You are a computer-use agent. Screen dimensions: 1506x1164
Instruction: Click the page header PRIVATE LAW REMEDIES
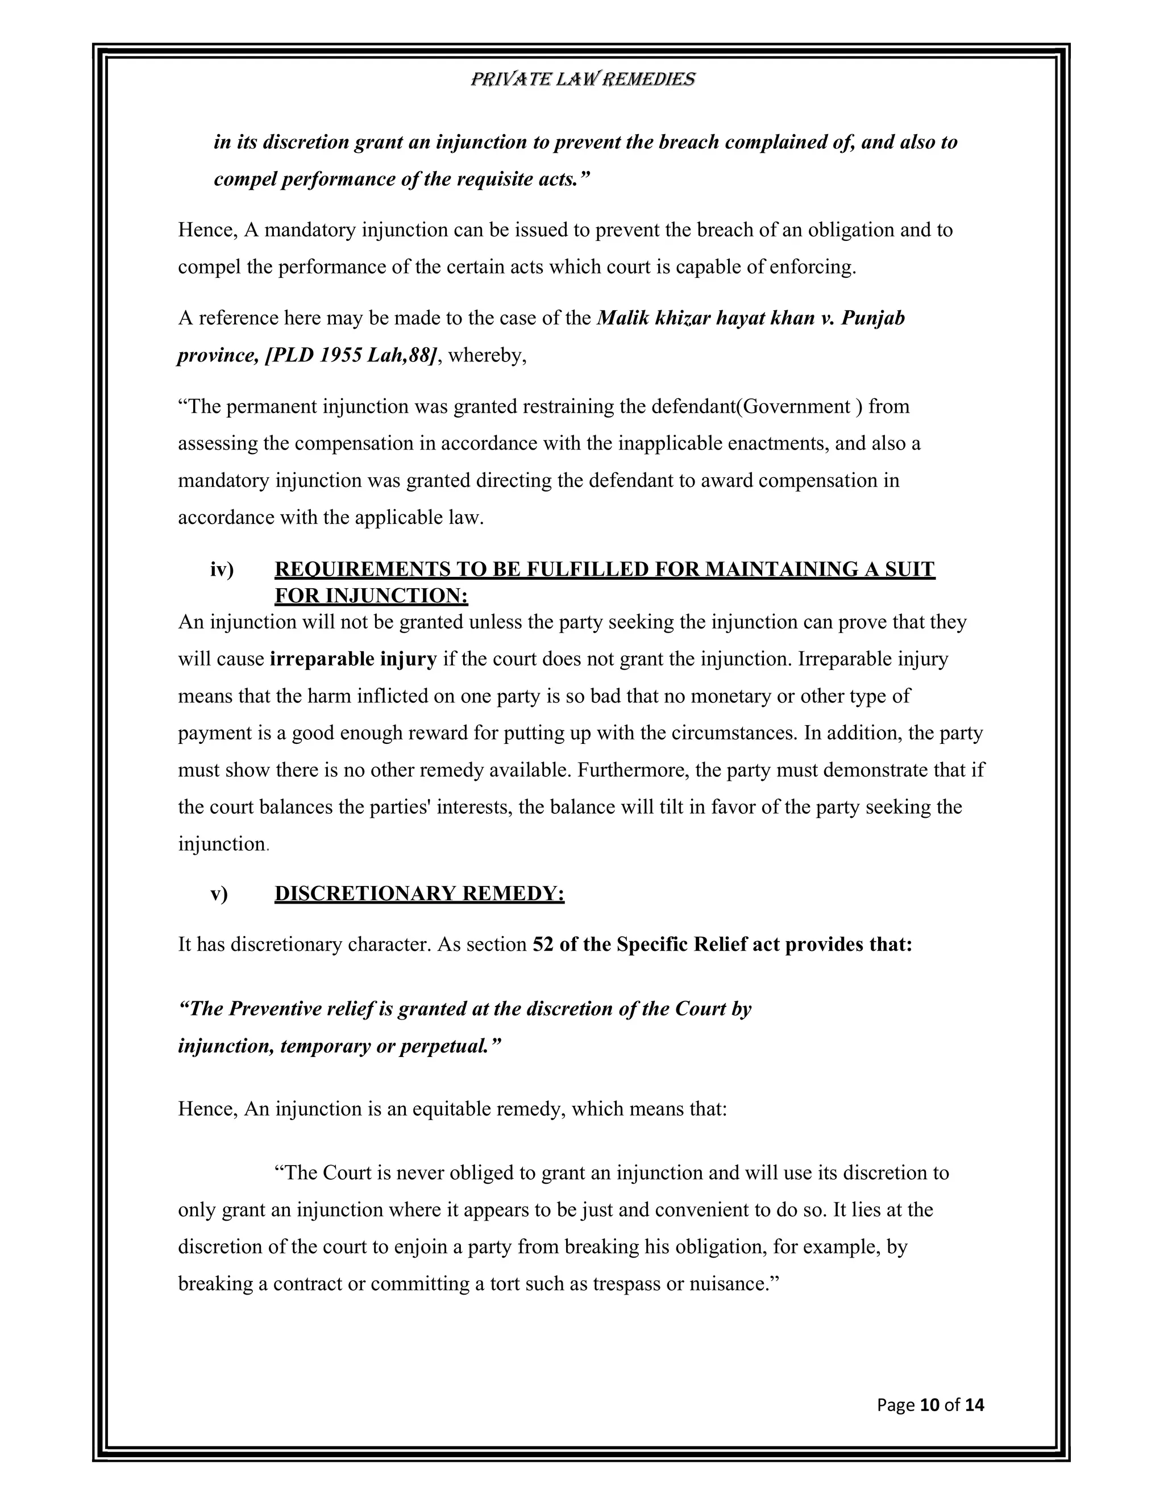tap(582, 80)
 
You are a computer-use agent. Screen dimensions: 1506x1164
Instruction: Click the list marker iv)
tap(222, 569)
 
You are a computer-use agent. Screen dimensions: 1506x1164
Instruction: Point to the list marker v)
tap(219, 894)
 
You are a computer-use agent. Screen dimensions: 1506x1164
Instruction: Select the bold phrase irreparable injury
tap(353, 659)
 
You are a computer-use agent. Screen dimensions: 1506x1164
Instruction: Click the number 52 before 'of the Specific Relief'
tap(543, 944)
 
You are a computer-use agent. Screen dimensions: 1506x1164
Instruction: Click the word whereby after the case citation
tap(486, 356)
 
